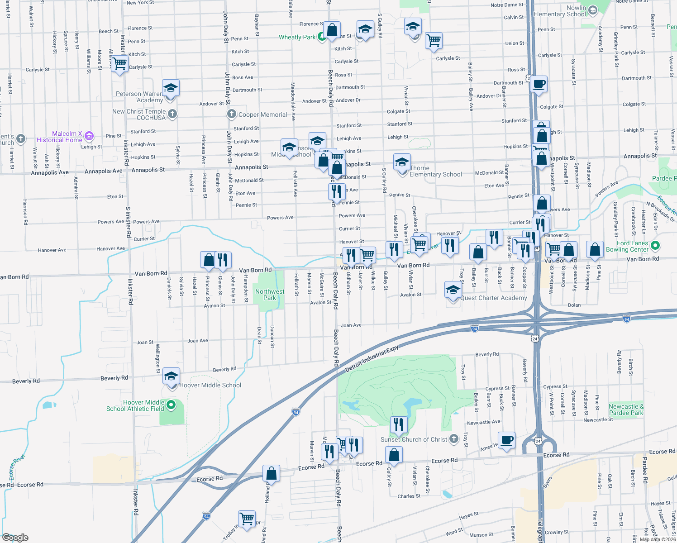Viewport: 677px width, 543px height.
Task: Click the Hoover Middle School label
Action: (x=210, y=386)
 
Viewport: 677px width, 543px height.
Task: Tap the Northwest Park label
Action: (x=270, y=295)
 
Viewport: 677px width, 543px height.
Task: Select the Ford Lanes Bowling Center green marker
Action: (x=655, y=246)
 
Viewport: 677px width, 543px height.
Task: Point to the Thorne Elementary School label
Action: (x=435, y=171)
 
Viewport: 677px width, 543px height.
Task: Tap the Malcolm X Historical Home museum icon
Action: (x=89, y=135)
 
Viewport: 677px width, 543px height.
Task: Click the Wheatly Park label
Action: (x=297, y=38)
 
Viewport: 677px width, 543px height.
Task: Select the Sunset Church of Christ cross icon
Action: (x=453, y=439)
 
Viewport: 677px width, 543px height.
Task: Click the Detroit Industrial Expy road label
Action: (x=372, y=359)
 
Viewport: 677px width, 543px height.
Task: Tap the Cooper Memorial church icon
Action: (x=232, y=114)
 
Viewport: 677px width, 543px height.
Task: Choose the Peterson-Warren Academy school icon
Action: (x=171, y=88)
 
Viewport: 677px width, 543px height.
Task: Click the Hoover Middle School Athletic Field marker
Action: (x=171, y=405)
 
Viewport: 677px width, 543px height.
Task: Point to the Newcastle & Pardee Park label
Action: (x=626, y=410)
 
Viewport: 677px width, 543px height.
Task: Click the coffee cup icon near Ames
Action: (x=507, y=440)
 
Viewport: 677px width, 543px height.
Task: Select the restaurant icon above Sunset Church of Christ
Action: (x=398, y=424)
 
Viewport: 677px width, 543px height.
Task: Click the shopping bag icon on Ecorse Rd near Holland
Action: (x=272, y=474)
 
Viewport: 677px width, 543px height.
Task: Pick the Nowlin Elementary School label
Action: (x=560, y=11)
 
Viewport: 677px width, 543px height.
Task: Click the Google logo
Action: (x=15, y=538)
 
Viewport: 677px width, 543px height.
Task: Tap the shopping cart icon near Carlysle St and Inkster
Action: (x=119, y=64)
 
